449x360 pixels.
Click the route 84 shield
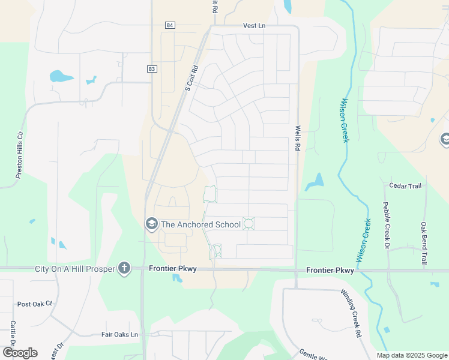[171, 25]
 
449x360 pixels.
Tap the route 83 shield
[151, 69]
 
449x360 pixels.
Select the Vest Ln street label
[254, 26]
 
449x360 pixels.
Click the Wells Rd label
[297, 137]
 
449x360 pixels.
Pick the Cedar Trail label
[405, 186]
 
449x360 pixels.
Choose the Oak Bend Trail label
[424, 244]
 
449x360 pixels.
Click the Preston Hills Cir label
[19, 154]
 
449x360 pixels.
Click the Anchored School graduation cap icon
[152, 224]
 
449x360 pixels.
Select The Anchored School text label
[201, 224]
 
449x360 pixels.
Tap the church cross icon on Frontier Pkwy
[124, 268]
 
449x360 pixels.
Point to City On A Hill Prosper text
[74, 269]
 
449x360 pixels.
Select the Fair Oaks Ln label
[119, 334]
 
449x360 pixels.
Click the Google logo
[20, 353]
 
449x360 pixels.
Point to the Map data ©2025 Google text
[412, 355]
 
